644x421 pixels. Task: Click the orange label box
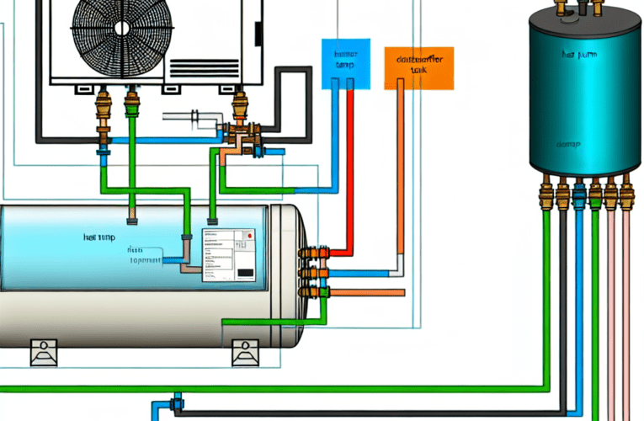point(419,67)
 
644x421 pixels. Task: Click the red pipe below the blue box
point(348,168)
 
